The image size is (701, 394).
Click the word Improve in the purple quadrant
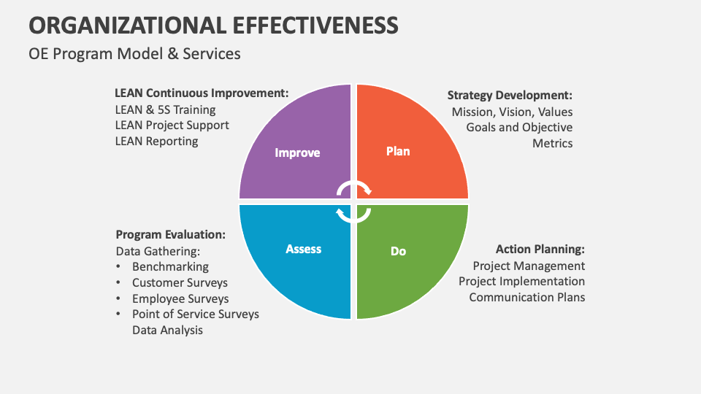click(297, 152)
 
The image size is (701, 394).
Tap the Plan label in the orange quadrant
click(398, 151)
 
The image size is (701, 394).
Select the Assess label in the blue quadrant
click(303, 249)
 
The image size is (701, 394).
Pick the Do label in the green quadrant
click(398, 251)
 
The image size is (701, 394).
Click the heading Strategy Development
click(510, 95)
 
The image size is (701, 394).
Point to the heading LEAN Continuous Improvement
click(202, 93)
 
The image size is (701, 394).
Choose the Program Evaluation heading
click(170, 235)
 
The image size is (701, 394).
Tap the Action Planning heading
click(540, 250)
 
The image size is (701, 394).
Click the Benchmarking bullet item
click(170, 267)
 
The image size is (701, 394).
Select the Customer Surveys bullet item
click(180, 282)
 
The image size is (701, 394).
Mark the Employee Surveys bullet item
click(180, 298)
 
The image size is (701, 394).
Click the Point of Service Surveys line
click(195, 314)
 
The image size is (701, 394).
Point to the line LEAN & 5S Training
click(165, 109)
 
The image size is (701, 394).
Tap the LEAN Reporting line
click(156, 141)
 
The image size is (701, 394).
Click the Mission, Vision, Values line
click(512, 112)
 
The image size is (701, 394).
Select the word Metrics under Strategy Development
click(552, 143)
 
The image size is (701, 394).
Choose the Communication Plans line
click(526, 297)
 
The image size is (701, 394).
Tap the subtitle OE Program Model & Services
click(134, 54)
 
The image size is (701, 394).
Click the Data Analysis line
click(167, 330)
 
